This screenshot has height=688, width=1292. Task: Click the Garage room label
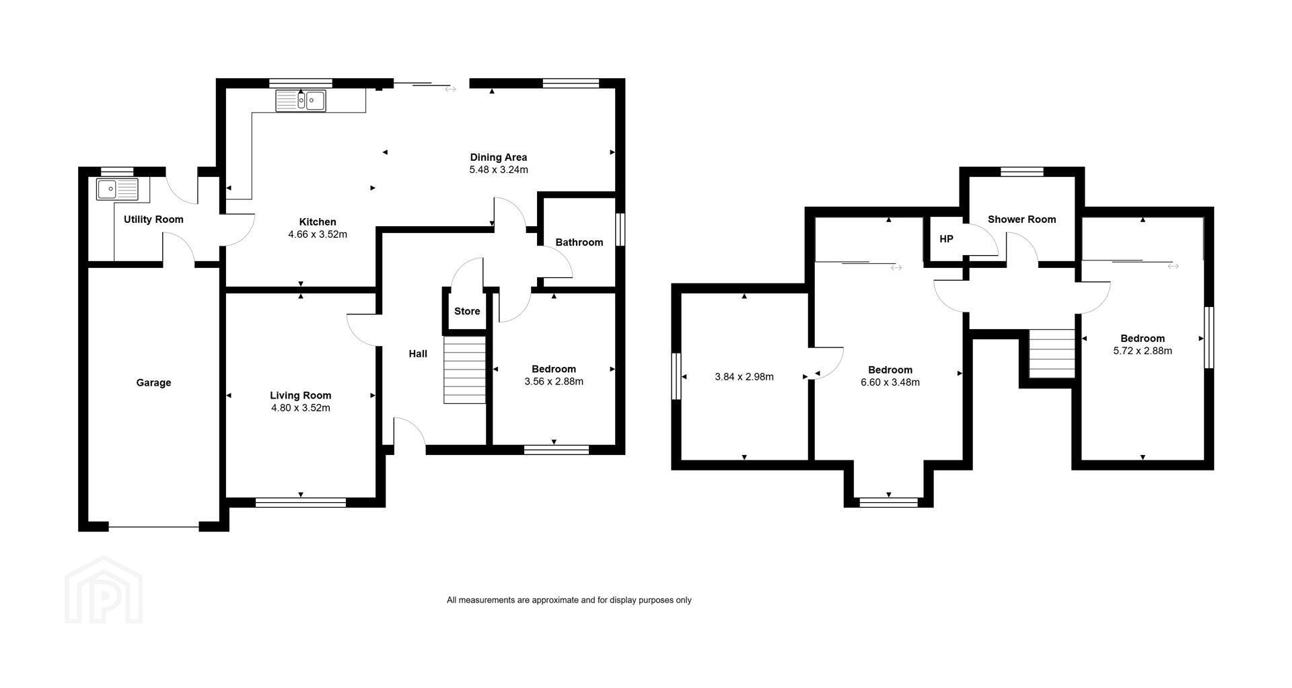tap(153, 382)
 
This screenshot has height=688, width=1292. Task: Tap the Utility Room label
tap(153, 219)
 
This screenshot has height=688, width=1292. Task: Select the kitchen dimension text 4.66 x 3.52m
tap(318, 234)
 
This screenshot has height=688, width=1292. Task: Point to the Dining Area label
tap(499, 158)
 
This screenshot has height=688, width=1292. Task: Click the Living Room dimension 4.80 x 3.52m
tap(300, 408)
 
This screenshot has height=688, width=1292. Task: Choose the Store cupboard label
tap(467, 311)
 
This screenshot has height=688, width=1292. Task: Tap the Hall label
tap(418, 353)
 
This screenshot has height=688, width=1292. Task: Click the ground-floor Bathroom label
tap(579, 242)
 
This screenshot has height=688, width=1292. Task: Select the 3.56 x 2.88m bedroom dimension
tap(554, 381)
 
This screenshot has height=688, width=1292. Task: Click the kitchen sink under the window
tap(301, 100)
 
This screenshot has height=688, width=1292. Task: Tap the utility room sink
tap(118, 189)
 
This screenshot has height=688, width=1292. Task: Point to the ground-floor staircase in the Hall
tap(464, 370)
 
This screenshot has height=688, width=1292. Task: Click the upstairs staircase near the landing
tap(1052, 353)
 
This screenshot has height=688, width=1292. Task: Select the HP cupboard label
tap(946, 239)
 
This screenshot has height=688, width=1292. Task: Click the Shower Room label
tap(1021, 219)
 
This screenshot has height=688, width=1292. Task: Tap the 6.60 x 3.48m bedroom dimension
tap(890, 382)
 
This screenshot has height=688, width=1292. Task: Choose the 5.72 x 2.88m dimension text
tap(1143, 351)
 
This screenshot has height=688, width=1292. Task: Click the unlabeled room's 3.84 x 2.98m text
tap(744, 377)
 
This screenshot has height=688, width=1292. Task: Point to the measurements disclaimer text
tap(569, 600)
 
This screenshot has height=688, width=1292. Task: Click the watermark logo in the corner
tap(104, 590)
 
